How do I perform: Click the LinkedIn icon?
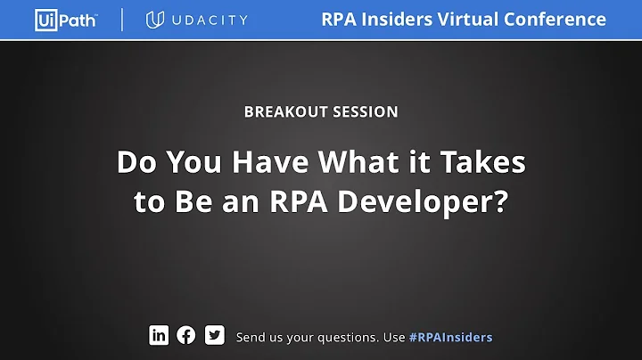coord(159,335)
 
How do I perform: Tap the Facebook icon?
coord(186,335)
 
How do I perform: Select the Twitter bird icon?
coord(214,335)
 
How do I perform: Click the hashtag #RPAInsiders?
coord(450,337)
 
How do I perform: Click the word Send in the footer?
coord(251,337)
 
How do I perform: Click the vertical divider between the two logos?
coord(122,20)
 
